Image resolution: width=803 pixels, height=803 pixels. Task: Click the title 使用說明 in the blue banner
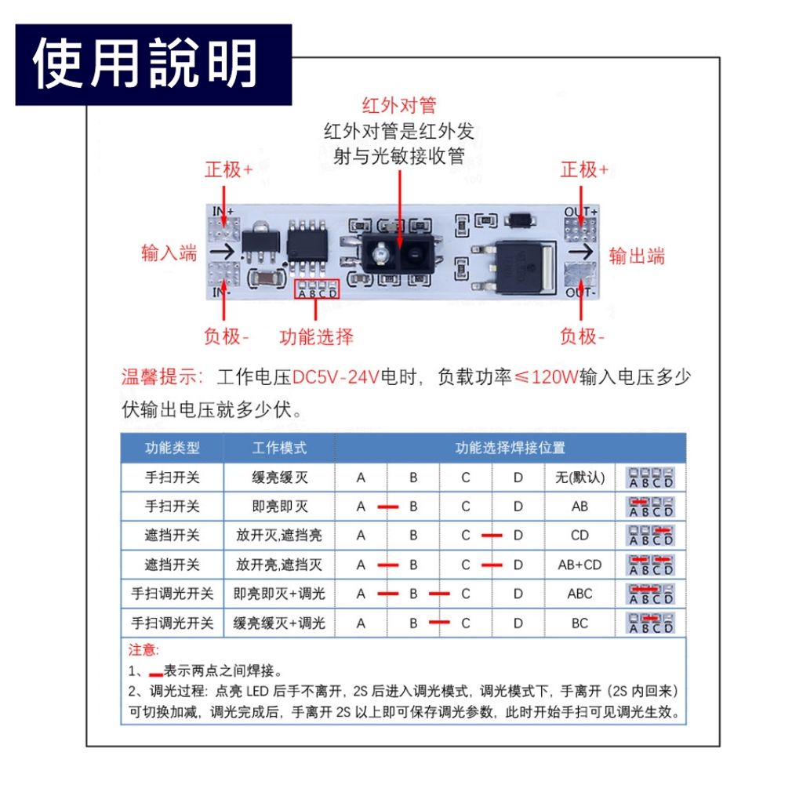click(x=146, y=64)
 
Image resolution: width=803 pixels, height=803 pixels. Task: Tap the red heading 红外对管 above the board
click(x=399, y=106)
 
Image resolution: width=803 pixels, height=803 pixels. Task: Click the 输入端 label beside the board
click(x=169, y=253)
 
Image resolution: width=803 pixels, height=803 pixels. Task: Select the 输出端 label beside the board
click(x=637, y=256)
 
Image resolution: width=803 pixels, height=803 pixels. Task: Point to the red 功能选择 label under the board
click(x=316, y=337)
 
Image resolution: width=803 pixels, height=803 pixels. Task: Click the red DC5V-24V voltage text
click(x=336, y=377)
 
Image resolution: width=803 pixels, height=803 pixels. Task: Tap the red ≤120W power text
click(x=546, y=377)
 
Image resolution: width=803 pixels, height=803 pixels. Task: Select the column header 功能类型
click(x=173, y=448)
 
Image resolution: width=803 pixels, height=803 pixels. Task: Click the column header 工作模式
click(x=279, y=448)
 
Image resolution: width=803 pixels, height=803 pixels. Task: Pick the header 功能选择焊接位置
click(x=511, y=448)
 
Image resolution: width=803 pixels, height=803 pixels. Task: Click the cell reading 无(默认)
click(x=580, y=477)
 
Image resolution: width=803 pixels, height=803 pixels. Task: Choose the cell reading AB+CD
click(x=580, y=565)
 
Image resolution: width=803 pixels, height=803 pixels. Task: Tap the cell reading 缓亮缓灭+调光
click(x=279, y=623)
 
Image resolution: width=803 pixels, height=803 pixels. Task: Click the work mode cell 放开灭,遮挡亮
click(x=279, y=536)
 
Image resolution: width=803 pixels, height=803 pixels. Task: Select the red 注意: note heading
click(x=144, y=650)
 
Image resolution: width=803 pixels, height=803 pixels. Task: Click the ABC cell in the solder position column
click(x=580, y=594)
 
